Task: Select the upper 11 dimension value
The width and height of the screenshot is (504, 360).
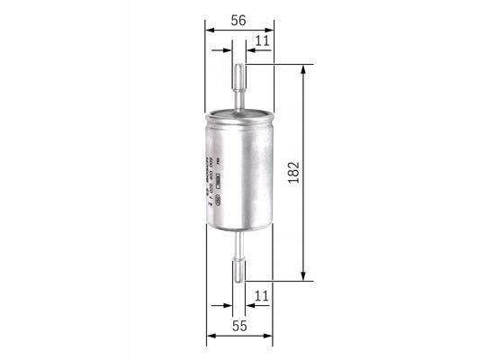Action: (x=262, y=41)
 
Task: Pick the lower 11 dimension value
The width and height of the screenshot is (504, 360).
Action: (x=262, y=294)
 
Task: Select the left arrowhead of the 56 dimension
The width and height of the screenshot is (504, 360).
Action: (x=211, y=30)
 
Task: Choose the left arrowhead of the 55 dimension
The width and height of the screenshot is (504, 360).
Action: (x=211, y=337)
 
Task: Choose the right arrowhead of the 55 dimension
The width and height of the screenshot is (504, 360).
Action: (x=269, y=337)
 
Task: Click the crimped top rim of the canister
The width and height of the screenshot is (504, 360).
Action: (x=239, y=114)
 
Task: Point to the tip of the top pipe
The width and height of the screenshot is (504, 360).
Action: (x=239, y=66)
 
